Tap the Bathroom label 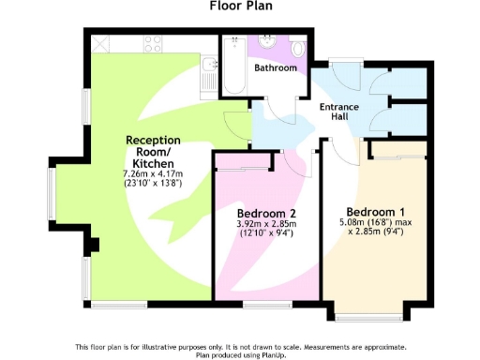(x=277, y=68)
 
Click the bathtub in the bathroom (x=233, y=64)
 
